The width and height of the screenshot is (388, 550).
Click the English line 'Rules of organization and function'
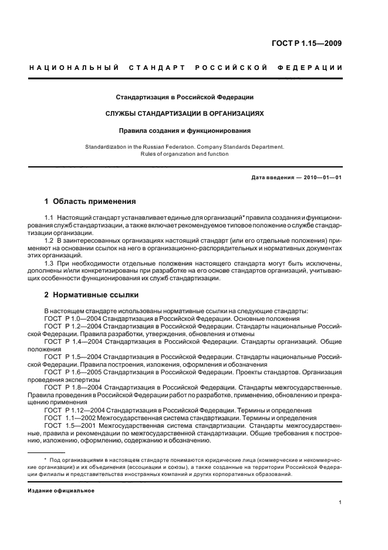point(184,154)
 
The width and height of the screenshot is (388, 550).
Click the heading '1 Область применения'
point(90,202)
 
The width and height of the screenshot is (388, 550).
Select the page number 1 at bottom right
point(340,502)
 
